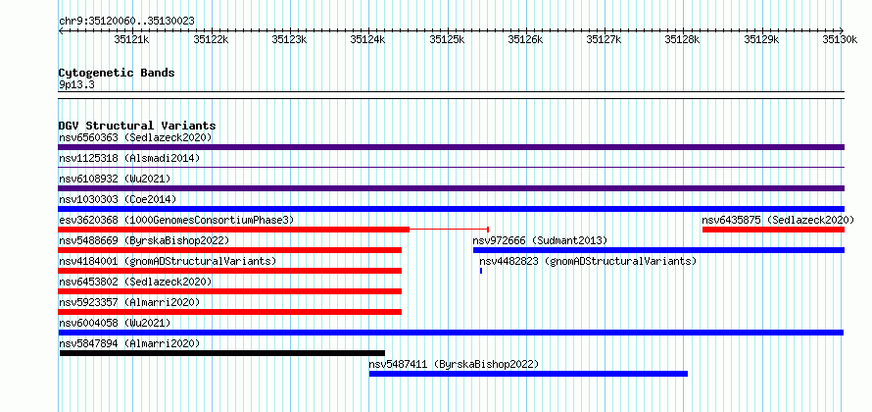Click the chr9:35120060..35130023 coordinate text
[126, 22]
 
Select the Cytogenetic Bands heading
[117, 73]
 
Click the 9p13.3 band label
[77, 84]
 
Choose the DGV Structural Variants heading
[137, 126]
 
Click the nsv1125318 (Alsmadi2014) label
[129, 158]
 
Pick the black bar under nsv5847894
[221, 353]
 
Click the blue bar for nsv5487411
[528, 374]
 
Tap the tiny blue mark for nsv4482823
[481, 271]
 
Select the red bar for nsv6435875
[774, 230]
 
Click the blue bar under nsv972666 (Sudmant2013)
[659, 250]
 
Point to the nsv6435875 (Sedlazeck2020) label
[778, 220]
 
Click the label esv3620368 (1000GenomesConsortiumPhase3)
[176, 220]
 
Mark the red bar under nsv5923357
[229, 312]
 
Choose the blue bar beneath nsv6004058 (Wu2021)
[451, 333]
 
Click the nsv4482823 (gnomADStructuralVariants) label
[588, 261]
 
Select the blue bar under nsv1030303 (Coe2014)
[452, 209]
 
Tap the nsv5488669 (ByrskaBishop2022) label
[144, 240]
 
